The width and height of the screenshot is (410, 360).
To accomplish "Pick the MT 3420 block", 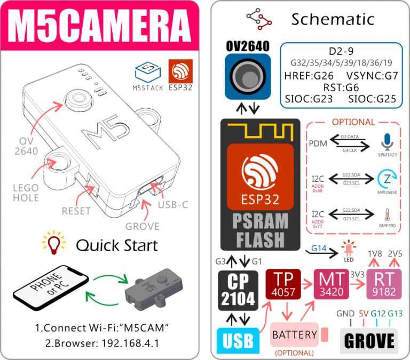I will [x=331, y=285].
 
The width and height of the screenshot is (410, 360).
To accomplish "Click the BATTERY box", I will [x=294, y=335].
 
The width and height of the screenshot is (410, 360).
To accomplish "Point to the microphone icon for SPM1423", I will [x=386, y=142].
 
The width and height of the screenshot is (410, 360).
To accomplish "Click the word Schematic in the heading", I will [x=332, y=19].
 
